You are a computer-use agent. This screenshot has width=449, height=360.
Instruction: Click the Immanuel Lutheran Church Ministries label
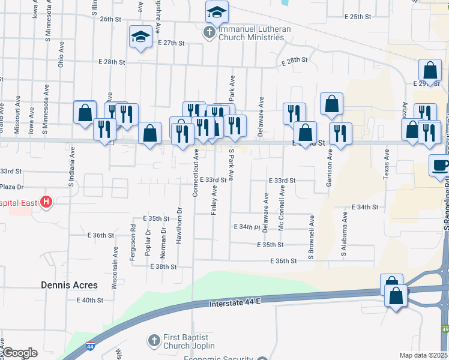click(x=252, y=33)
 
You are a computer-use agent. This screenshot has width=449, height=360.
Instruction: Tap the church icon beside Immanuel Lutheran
click(x=208, y=32)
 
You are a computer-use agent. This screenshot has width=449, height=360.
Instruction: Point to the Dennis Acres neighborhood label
click(x=68, y=285)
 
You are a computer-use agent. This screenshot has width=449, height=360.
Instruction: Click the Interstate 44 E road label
click(x=236, y=304)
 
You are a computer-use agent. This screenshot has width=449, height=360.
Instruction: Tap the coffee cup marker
click(x=439, y=166)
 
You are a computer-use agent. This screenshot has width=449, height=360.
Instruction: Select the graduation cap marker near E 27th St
click(x=140, y=37)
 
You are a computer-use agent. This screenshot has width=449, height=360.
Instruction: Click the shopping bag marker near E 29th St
click(x=430, y=70)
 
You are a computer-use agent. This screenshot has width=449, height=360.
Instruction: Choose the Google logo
click(x=19, y=353)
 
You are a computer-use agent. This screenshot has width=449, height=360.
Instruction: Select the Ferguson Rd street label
click(x=133, y=238)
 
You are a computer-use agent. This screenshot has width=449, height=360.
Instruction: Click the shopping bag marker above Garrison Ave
click(x=331, y=103)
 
